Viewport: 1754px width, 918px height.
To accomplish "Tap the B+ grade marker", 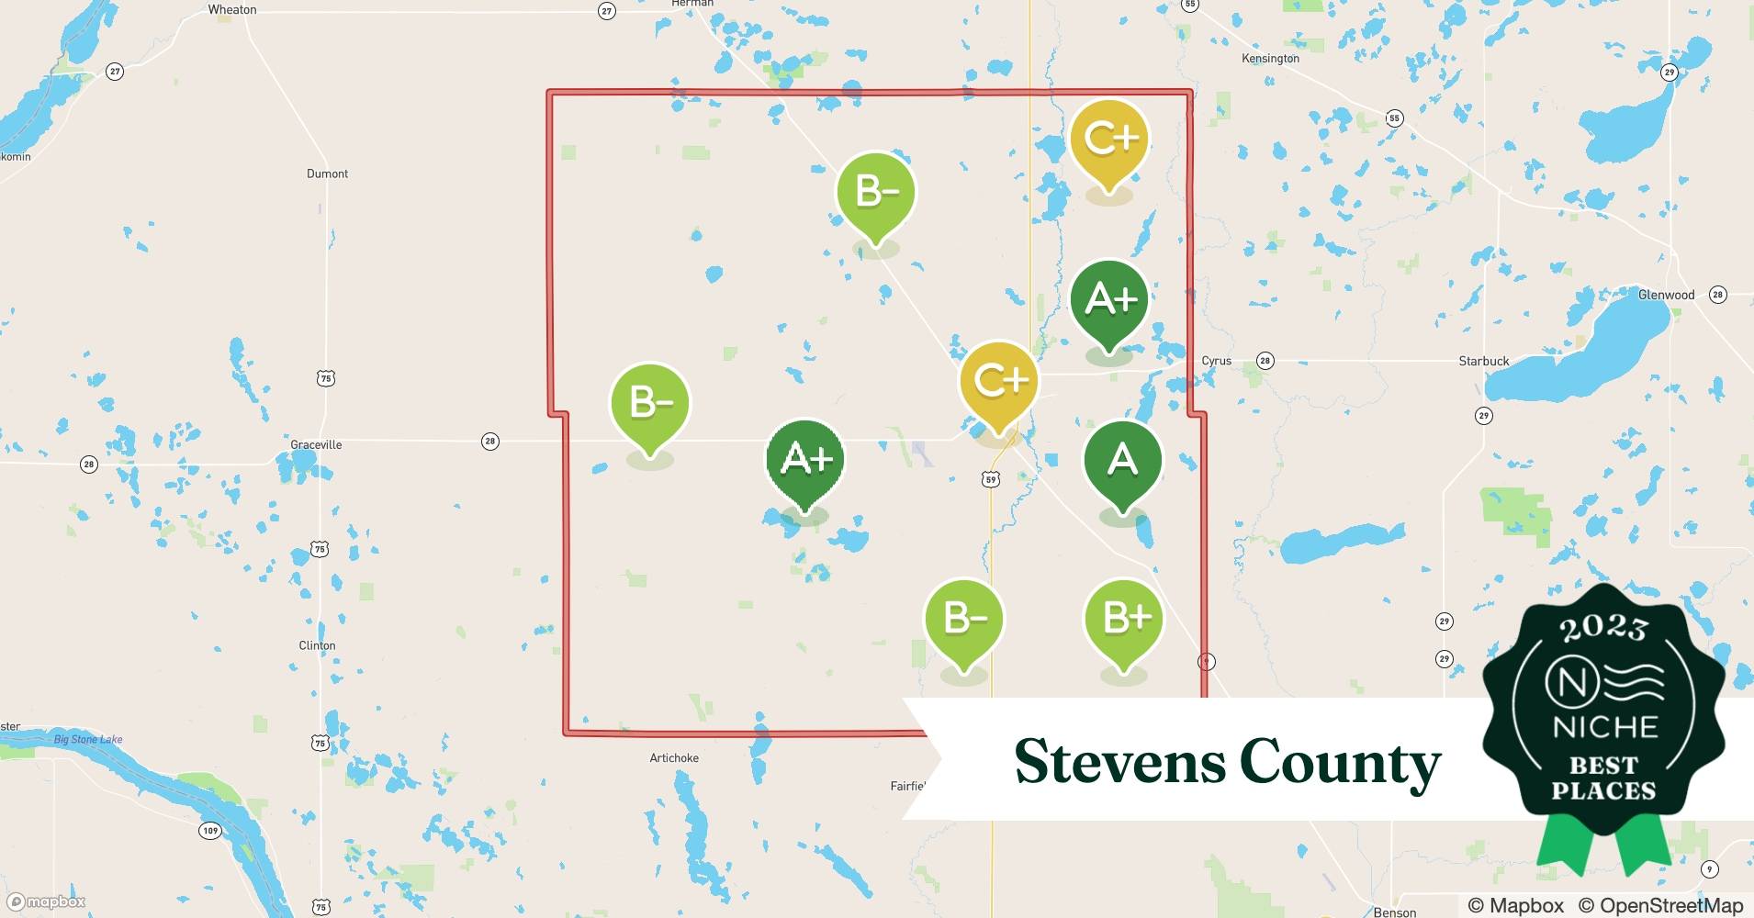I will (x=1123, y=619).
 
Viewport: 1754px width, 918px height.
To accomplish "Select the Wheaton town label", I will (x=232, y=10).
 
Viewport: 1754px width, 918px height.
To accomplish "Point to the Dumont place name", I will (x=327, y=174).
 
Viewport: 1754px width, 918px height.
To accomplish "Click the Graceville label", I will (x=316, y=445).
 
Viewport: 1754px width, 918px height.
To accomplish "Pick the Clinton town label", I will (x=317, y=645).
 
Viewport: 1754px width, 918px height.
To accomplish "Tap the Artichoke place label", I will (x=674, y=758).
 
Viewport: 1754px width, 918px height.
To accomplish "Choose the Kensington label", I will (x=1270, y=59).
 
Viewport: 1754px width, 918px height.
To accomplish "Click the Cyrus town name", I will (x=1216, y=361).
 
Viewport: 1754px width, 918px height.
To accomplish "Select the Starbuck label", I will (x=1483, y=362).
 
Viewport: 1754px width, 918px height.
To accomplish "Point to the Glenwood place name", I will (x=1666, y=296).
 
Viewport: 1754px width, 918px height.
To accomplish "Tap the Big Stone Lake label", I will (x=87, y=740).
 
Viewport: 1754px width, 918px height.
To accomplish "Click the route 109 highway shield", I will (x=210, y=831).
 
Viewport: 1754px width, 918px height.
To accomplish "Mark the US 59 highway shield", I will (x=990, y=479).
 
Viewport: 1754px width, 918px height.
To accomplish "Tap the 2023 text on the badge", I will (x=1603, y=628).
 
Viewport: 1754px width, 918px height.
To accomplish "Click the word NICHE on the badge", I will (x=1604, y=727).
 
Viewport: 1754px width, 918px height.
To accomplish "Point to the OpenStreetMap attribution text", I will (x=1660, y=905).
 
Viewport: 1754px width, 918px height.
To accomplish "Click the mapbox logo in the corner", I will (x=46, y=901).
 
